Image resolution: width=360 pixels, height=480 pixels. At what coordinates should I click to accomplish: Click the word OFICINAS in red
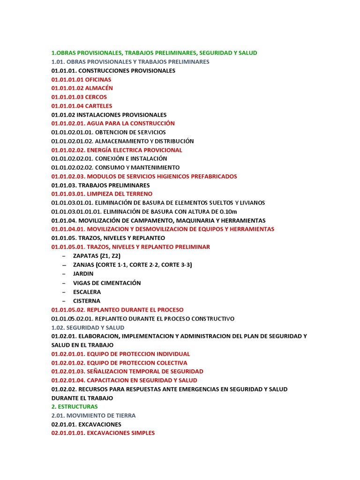coord(98,80)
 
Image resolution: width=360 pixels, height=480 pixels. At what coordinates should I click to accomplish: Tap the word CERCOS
coord(96,97)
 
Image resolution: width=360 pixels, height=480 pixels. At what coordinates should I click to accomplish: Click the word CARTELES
coord(98,106)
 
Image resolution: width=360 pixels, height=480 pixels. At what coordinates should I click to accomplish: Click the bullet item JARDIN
coord(83,274)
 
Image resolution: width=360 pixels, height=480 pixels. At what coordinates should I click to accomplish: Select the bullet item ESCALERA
coord(87,292)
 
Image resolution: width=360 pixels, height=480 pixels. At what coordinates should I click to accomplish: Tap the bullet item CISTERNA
coord(86,301)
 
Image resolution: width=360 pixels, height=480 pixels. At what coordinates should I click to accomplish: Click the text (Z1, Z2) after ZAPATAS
coord(110,256)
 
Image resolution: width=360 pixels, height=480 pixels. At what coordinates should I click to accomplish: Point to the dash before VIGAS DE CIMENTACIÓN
coord(63,283)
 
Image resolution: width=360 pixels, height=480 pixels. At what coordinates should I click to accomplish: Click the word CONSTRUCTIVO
coord(211,319)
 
